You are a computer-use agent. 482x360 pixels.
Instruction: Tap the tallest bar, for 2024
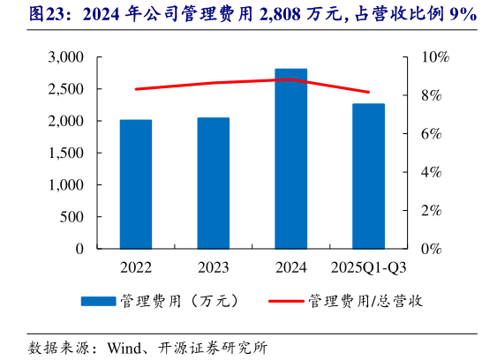tap(291, 159)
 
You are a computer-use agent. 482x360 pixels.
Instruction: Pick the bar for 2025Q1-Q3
tap(368, 176)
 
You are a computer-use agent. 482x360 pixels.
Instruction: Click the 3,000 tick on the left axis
tap(65, 57)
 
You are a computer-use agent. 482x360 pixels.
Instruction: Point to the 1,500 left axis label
tap(65, 153)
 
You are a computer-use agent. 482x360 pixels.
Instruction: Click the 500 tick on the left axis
tap(72, 217)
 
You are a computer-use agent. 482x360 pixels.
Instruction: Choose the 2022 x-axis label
tap(136, 266)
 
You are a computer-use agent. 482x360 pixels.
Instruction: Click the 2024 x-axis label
tap(291, 266)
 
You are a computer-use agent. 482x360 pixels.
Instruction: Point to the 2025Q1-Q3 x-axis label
tap(368, 266)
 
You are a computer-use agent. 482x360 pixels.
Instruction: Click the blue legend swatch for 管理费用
tap(98, 301)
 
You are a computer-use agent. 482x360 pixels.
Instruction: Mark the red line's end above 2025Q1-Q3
tap(368, 92)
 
